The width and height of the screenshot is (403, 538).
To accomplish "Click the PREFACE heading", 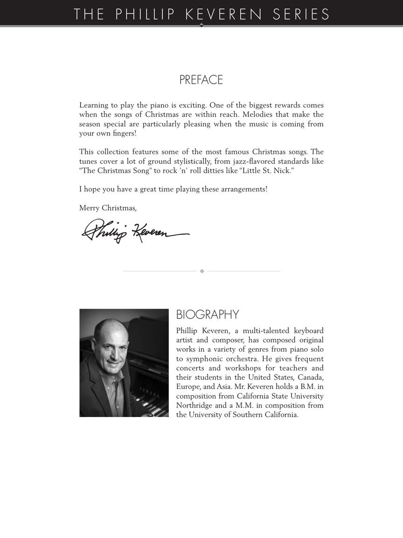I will pos(201,80).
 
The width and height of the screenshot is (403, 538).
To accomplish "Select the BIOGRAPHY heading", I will pos(208,315).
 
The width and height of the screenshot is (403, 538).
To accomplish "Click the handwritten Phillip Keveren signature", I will pos(135,231).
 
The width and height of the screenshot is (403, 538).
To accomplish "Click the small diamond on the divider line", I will pos(202,271).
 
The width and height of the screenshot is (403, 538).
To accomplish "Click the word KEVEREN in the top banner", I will pos(224,14).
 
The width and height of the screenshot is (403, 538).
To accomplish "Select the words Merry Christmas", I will pos(108,208).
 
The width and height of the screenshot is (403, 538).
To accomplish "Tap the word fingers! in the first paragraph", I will pos(125,134).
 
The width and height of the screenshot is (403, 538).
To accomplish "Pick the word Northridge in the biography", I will pos(195,405).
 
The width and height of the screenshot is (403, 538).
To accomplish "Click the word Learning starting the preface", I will pos(94,106).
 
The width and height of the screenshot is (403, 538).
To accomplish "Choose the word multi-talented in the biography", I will pos(266,331).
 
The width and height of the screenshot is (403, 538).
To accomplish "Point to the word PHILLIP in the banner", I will pos(145,14).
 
